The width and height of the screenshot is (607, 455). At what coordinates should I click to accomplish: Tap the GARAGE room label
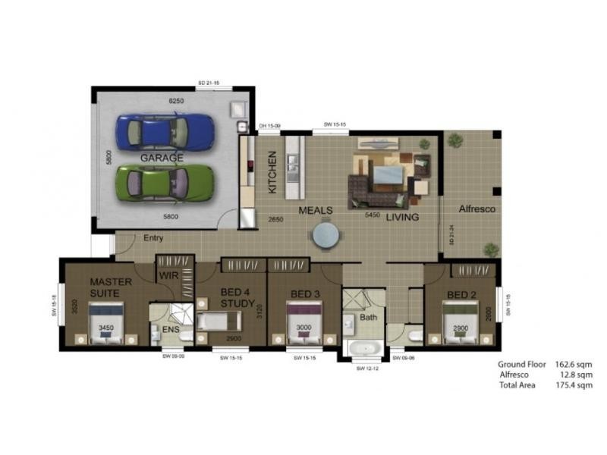tap(162, 158)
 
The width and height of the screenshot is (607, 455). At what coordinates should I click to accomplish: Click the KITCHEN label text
tap(272, 171)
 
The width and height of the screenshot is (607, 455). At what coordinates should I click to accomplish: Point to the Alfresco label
tap(476, 209)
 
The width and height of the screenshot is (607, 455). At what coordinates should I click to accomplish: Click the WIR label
tap(169, 276)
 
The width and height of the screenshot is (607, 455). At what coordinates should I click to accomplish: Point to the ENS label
tap(170, 331)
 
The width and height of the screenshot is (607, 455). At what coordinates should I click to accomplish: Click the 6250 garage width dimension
tap(177, 100)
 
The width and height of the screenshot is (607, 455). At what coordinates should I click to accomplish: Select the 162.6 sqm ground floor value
tap(573, 364)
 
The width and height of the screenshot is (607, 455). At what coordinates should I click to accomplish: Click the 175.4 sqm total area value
tap(573, 385)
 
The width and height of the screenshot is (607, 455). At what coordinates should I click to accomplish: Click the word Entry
tap(153, 238)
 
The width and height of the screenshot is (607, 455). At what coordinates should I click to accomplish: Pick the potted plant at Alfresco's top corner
tap(454, 140)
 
